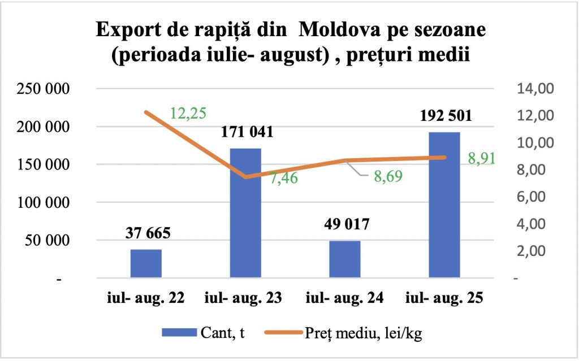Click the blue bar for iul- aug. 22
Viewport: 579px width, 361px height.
coord(146,263)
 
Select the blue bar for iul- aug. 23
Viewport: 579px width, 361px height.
coord(245,213)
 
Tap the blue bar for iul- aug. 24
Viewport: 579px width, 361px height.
coord(344,259)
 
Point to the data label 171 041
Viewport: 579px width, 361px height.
coord(245,133)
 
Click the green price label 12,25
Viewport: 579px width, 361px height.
coord(188,114)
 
